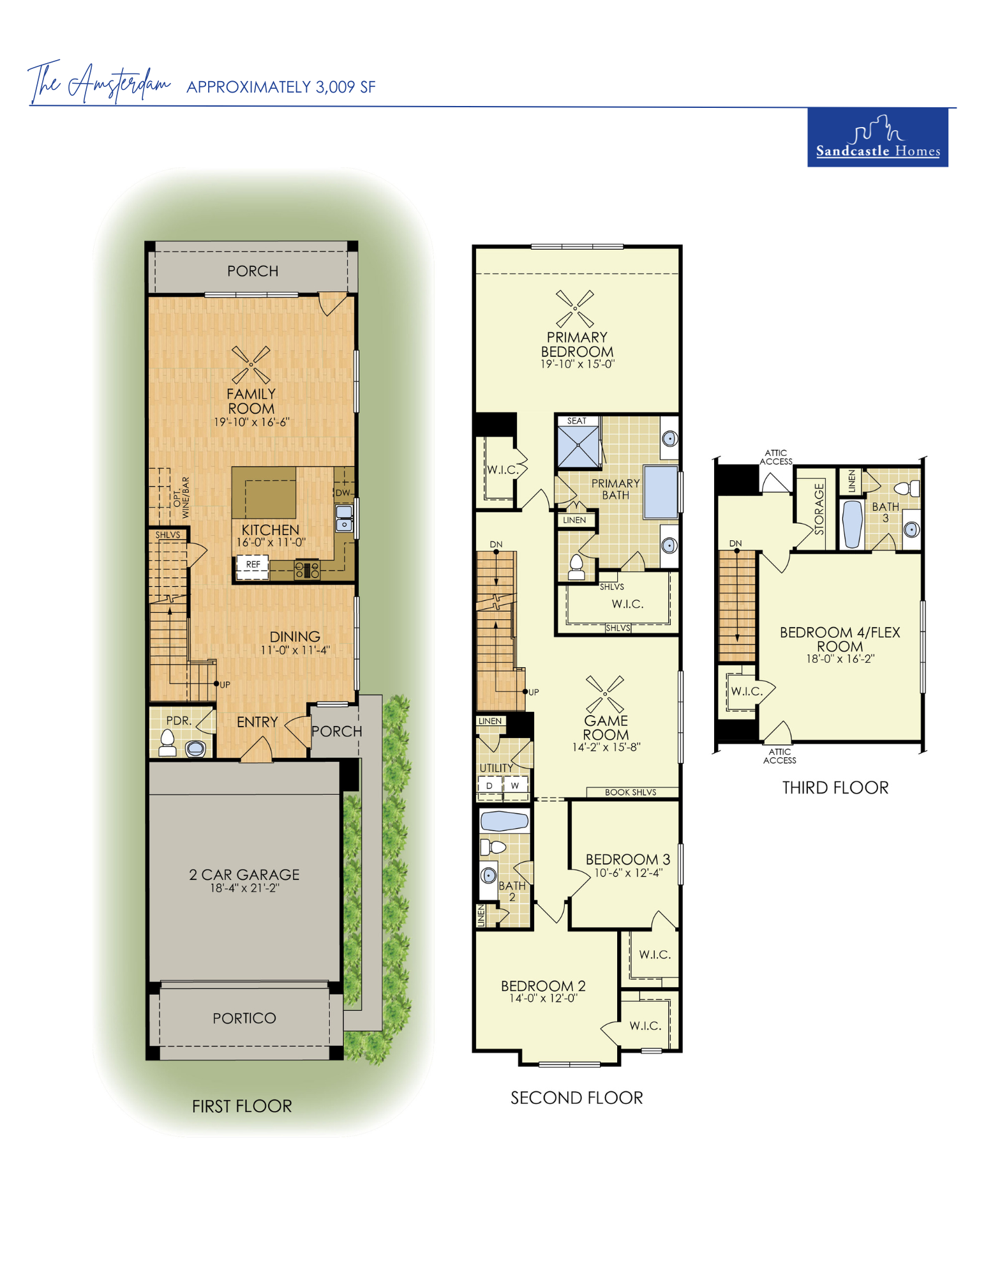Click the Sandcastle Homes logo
[878, 137]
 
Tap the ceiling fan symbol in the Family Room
[251, 365]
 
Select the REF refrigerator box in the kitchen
[252, 567]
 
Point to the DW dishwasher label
[343, 492]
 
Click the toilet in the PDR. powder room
[168, 743]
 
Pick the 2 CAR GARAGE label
[244, 874]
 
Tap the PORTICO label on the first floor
[244, 1018]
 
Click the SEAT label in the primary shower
[577, 421]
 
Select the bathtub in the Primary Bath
[661, 492]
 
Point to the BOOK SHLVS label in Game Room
[631, 792]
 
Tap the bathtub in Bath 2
[504, 820]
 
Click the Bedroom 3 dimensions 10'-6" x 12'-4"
[629, 873]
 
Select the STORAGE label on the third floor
[819, 509]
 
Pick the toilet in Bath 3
[907, 489]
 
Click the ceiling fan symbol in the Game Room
[605, 694]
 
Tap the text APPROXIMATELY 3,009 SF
[281, 87]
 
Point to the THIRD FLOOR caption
[835, 787]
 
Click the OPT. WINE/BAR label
[181, 497]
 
